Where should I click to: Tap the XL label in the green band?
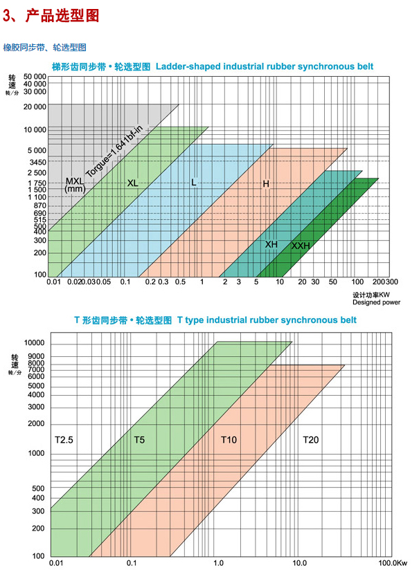pos(133,183)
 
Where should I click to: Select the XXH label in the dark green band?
pos(301,246)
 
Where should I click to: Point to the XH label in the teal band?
pos(271,244)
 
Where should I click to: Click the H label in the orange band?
pos(266,183)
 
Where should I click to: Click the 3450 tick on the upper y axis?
pos(37,162)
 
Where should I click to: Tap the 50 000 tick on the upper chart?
pos(35,76)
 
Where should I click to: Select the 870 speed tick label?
pos(39,206)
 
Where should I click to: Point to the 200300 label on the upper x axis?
pos(384,282)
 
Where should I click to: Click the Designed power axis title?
pos(376,302)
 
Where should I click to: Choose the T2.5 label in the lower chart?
pos(64,439)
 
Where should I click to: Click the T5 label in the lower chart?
pos(141,439)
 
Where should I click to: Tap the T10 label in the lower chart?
pos(229,439)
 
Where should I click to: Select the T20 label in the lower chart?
pos(312,439)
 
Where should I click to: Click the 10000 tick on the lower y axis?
pos(34,344)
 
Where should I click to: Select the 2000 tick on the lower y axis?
pos(36,423)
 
